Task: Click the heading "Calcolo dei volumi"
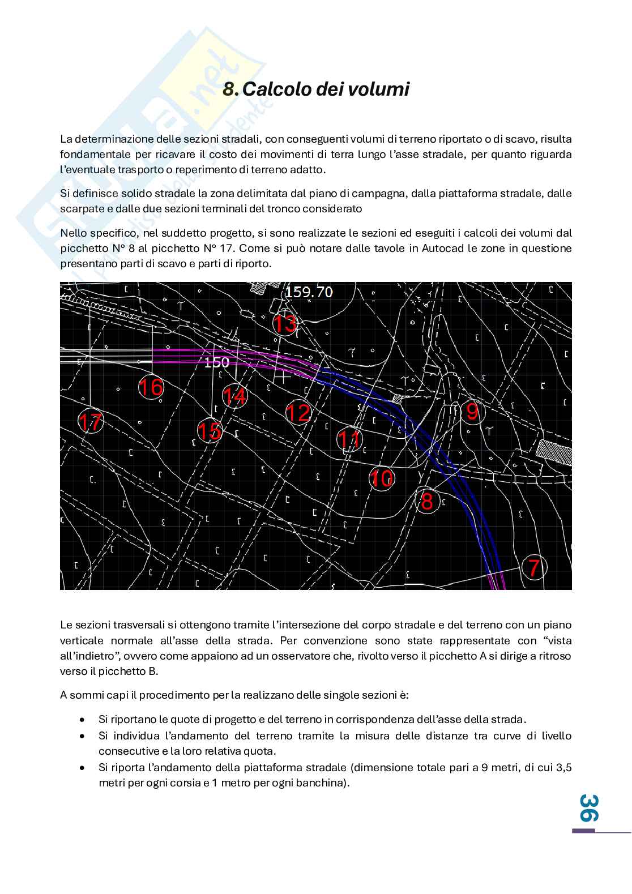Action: (x=326, y=89)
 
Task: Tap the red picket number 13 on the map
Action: (x=285, y=324)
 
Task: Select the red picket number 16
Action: (x=151, y=387)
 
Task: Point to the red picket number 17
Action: (x=90, y=422)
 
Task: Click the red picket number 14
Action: (x=234, y=396)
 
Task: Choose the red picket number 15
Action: (x=210, y=431)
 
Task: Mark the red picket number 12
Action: (x=298, y=412)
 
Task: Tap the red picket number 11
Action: (x=349, y=439)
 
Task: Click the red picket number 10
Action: (x=382, y=479)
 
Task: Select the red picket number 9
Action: (x=472, y=412)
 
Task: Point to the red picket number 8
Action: (x=427, y=501)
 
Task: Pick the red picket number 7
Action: (x=533, y=567)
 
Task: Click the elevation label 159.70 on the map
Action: (x=309, y=292)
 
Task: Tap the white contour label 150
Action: (x=216, y=362)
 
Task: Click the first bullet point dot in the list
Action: (x=83, y=720)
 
